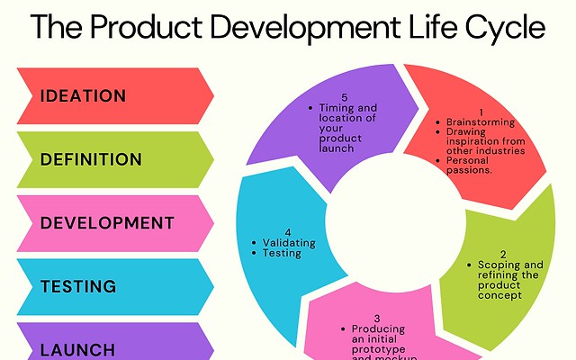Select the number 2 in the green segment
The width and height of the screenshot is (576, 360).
(503, 254)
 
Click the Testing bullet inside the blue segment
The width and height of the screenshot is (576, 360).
(282, 254)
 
